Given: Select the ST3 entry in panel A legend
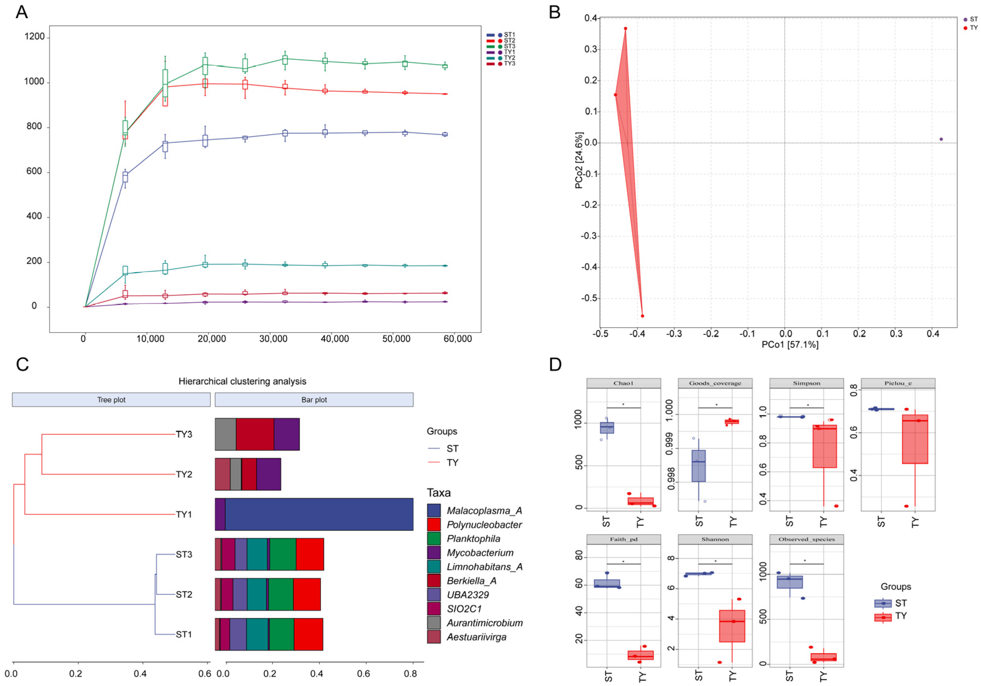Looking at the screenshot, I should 509,46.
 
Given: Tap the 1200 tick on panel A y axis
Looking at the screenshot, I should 34,37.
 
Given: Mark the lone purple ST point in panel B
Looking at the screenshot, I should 941,139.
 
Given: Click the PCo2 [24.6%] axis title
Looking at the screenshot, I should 579,160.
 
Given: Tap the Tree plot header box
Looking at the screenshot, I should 111,400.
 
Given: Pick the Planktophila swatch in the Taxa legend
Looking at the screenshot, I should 434,539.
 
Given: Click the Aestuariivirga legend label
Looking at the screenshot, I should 476,637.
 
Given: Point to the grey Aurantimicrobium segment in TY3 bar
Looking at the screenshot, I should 225,434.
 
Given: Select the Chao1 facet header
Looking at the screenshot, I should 623,383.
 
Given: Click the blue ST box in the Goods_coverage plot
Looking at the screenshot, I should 699,466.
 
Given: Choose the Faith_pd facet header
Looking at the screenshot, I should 623,539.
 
